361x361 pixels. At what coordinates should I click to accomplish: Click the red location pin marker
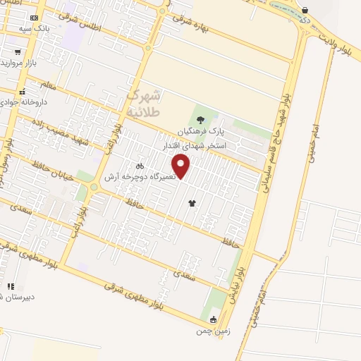(x=182, y=166)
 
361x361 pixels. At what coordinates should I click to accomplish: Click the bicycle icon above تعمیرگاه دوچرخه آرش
(x=140, y=166)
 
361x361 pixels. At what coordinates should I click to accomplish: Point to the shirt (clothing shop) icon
(x=192, y=203)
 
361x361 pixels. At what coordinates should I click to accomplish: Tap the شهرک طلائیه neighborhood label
(x=145, y=103)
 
